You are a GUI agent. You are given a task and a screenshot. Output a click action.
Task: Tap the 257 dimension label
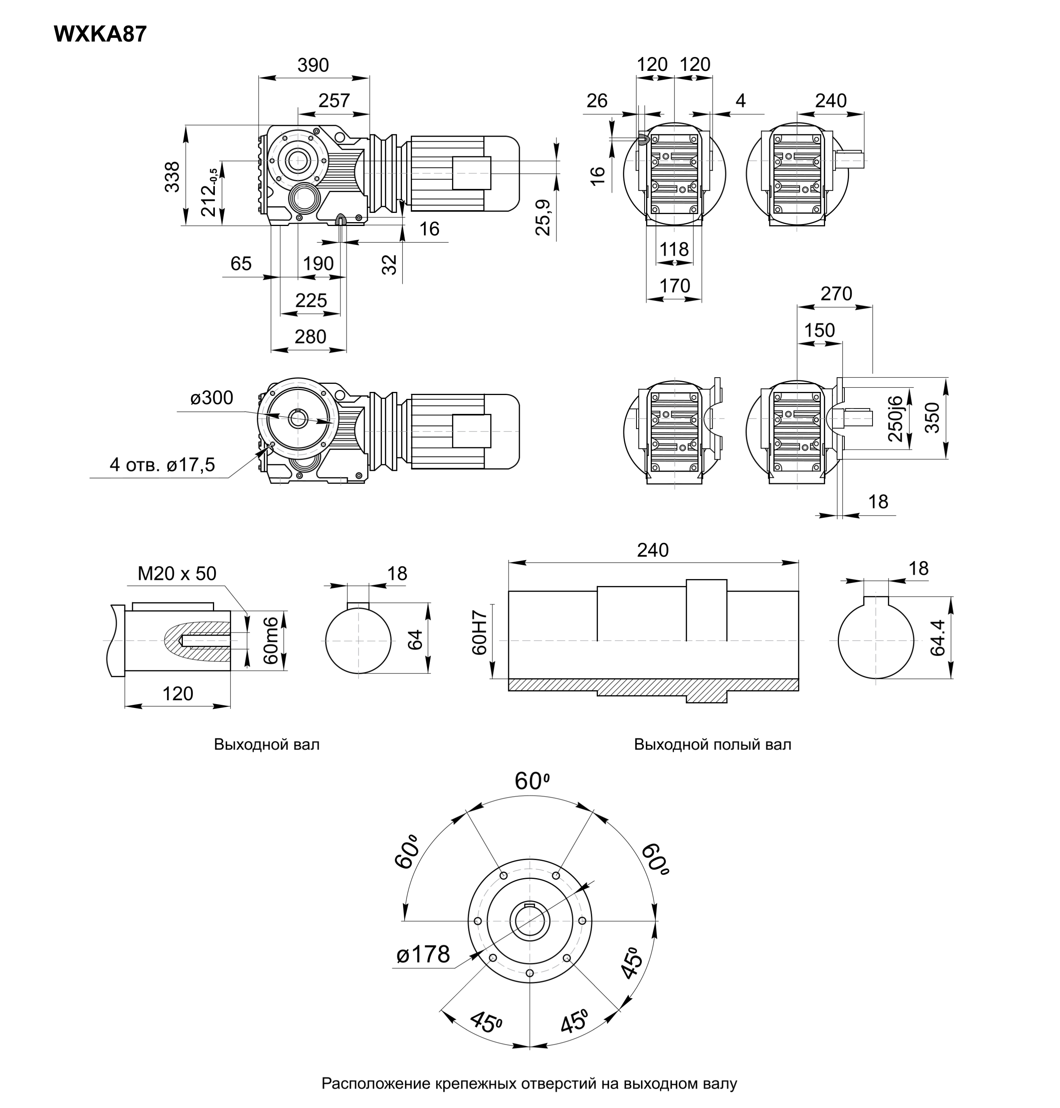(x=334, y=100)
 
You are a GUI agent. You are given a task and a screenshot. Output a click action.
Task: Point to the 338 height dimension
(x=172, y=176)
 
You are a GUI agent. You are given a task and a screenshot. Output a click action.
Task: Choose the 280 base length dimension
(x=310, y=337)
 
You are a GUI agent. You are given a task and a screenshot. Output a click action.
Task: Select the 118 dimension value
(x=674, y=249)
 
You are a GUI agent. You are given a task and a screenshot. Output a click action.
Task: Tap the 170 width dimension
(x=675, y=286)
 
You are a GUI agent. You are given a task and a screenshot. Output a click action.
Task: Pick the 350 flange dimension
(x=932, y=418)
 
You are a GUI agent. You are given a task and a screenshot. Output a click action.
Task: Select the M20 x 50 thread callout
(x=177, y=574)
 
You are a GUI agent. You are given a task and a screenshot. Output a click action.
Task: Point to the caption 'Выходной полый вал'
(x=712, y=744)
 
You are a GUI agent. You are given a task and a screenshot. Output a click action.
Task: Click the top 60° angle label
(x=532, y=781)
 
